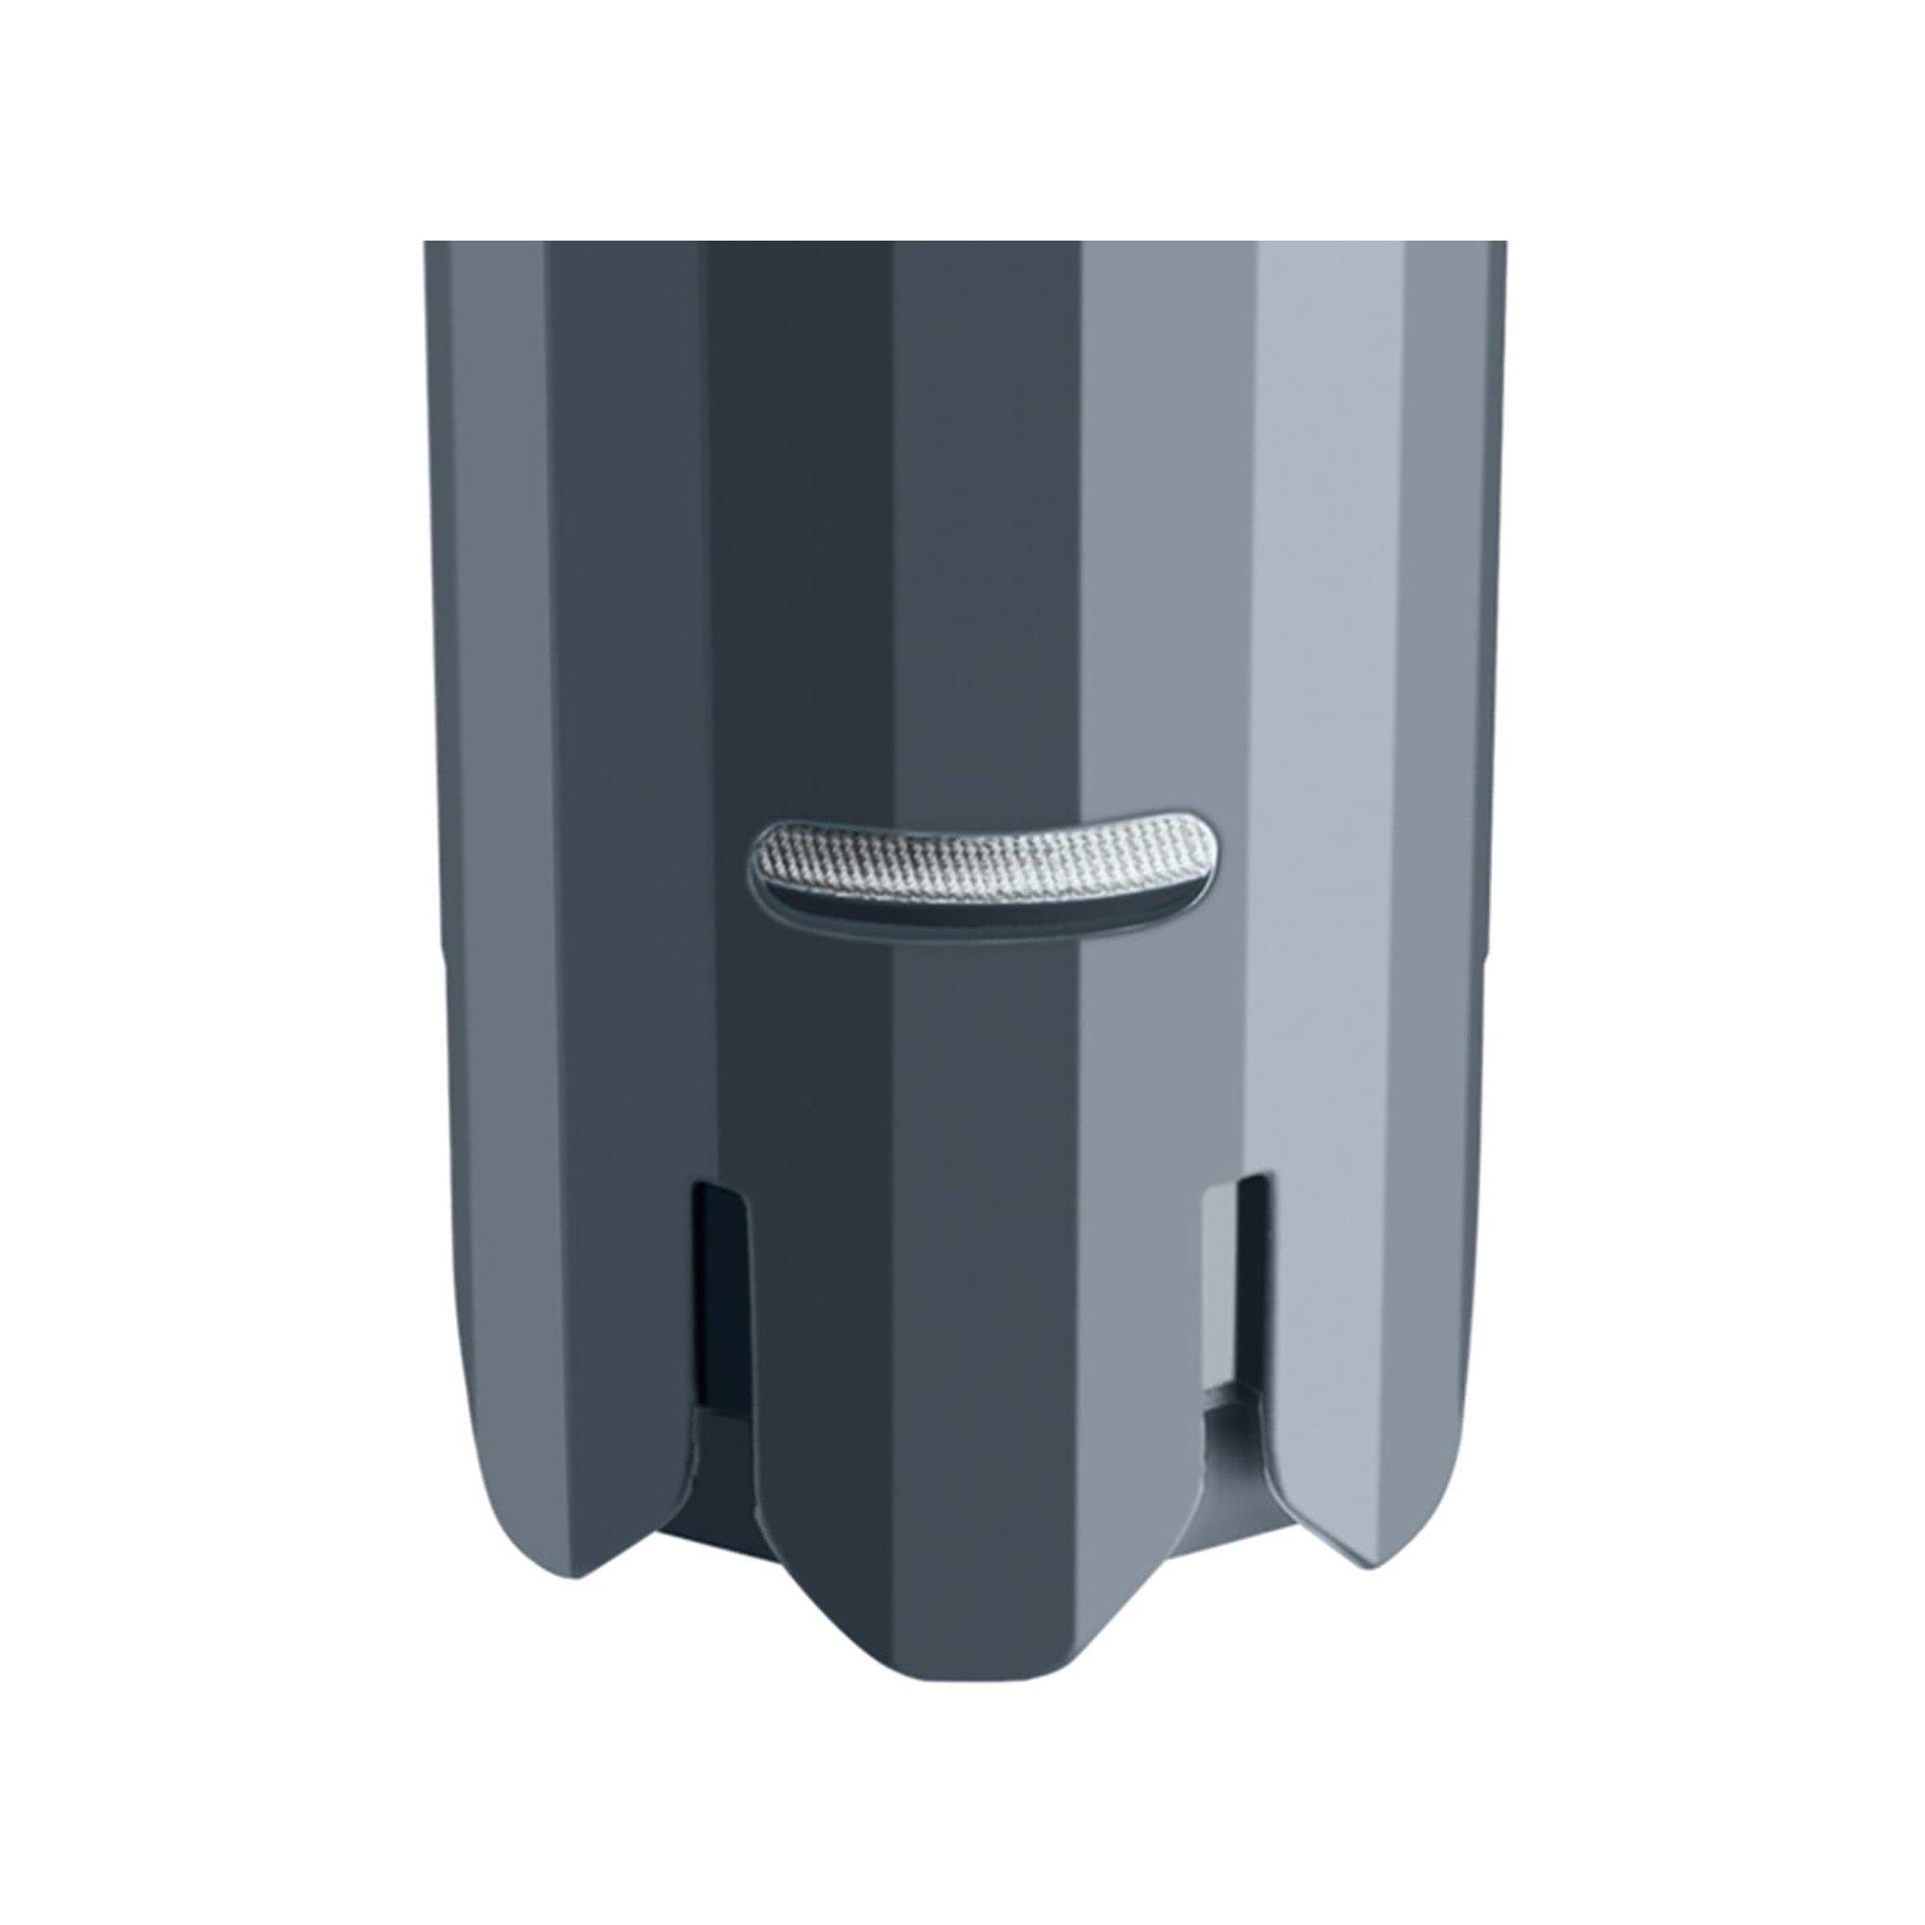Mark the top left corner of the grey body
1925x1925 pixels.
pos(426,244)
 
